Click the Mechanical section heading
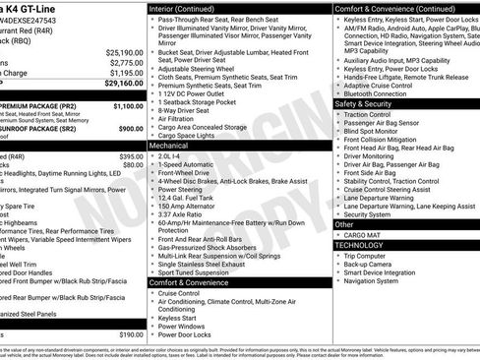point(169,144)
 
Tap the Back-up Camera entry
point(372,266)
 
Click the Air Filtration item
point(180,117)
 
